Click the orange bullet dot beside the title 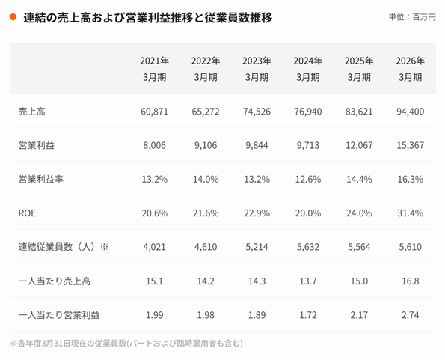coord(13,17)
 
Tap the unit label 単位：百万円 coord(412,17)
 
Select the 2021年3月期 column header coord(154,69)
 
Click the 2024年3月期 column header coord(308,69)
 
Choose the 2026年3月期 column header coord(411,69)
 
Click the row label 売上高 coord(31,112)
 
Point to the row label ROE coord(27,213)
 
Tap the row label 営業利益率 coord(41,180)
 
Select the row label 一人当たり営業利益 coord(59,315)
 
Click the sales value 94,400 coord(411,112)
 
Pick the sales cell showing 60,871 coord(154,112)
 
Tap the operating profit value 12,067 coord(359,145)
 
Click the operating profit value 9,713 coord(308,145)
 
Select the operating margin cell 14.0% coord(206,180)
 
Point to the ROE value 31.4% coord(411,213)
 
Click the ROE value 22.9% coord(257,213)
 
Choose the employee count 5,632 coord(308,247)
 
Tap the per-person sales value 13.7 coord(308,281)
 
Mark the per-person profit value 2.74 coord(411,315)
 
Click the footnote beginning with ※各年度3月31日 coord(126,344)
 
